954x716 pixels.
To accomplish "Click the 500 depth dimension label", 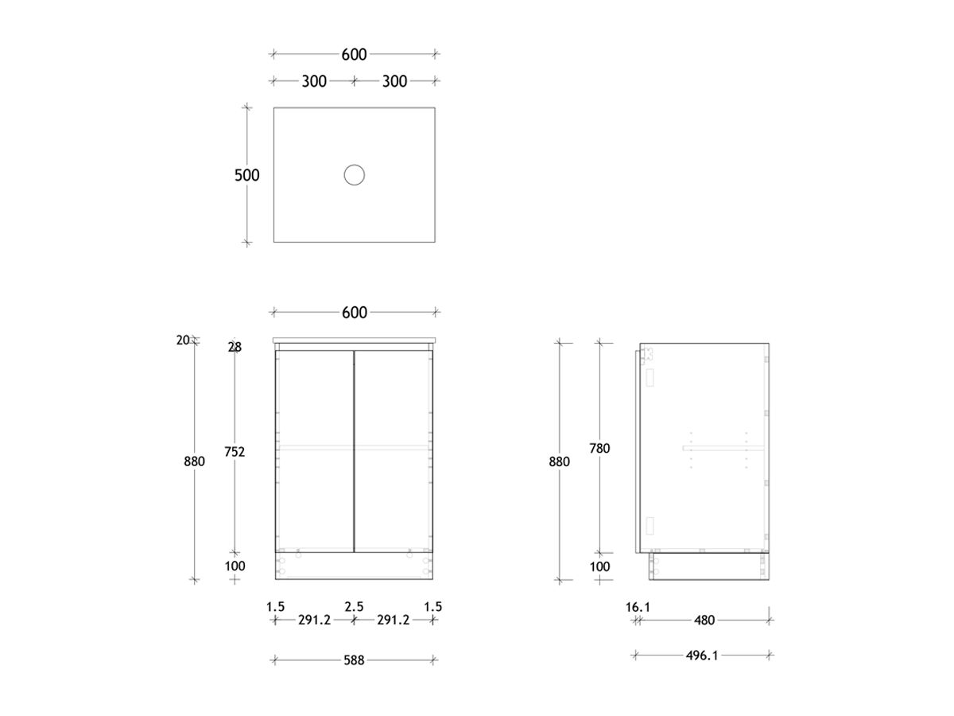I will click(246, 175).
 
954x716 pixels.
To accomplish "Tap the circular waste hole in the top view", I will click(354, 175).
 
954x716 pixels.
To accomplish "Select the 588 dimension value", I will click(354, 660).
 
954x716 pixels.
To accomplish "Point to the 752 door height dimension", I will click(235, 452).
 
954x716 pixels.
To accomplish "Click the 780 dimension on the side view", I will click(599, 449).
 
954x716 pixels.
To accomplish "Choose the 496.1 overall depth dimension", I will click(702, 656).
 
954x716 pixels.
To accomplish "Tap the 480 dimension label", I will click(704, 620).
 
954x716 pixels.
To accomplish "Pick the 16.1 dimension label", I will click(638, 607).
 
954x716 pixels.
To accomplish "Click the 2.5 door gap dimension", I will click(354, 607).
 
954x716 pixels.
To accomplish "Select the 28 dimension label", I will click(235, 347).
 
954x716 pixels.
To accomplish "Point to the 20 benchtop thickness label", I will click(183, 340).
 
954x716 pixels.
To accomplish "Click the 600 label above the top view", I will click(354, 54).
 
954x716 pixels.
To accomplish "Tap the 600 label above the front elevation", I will click(354, 313).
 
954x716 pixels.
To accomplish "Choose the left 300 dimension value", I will click(314, 80).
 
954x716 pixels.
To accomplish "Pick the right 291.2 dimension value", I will click(393, 620).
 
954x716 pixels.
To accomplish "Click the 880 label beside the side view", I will click(559, 461).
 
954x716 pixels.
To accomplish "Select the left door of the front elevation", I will click(315, 450).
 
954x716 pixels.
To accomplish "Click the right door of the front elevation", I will click(393, 450).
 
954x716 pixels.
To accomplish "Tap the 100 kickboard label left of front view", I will click(235, 566).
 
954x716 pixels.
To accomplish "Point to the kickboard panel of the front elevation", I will click(354, 566).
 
